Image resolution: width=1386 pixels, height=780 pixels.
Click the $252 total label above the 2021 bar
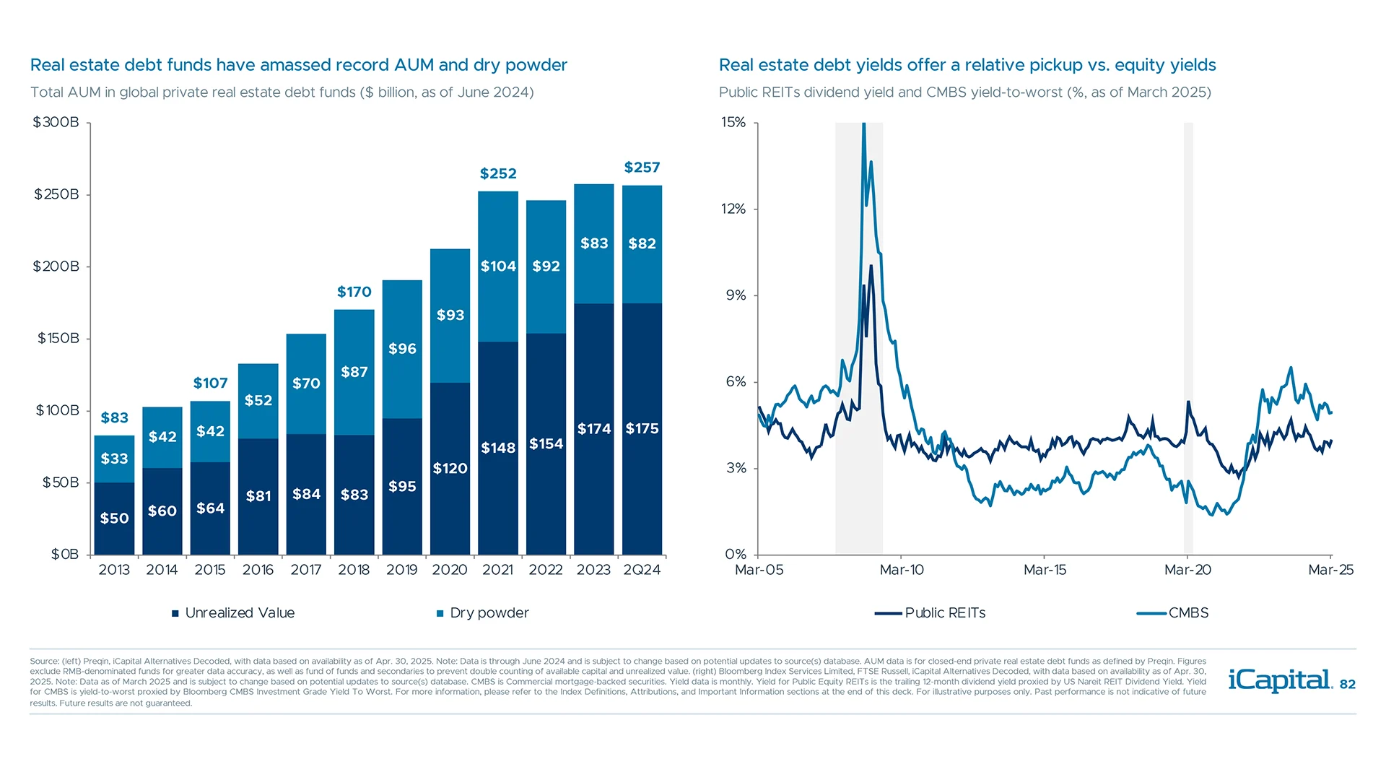(x=498, y=173)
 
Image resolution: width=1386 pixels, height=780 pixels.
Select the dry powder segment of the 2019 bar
(x=402, y=349)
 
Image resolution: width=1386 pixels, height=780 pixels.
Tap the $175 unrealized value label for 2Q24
(x=642, y=428)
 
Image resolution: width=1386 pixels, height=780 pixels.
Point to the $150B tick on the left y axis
(x=58, y=338)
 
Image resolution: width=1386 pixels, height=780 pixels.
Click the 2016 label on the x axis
(x=258, y=570)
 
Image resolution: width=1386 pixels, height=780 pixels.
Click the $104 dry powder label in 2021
(x=498, y=266)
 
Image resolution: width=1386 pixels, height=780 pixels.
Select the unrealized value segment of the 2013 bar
(x=114, y=518)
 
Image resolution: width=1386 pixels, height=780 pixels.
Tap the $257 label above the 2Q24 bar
(x=642, y=168)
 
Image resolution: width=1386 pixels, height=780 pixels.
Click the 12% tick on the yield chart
(x=733, y=209)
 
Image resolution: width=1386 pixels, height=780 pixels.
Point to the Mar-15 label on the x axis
(x=1045, y=570)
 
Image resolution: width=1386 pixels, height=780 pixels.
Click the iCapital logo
(x=1280, y=680)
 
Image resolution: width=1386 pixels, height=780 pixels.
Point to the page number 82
(x=1348, y=685)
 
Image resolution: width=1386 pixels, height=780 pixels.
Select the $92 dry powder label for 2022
(x=546, y=266)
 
